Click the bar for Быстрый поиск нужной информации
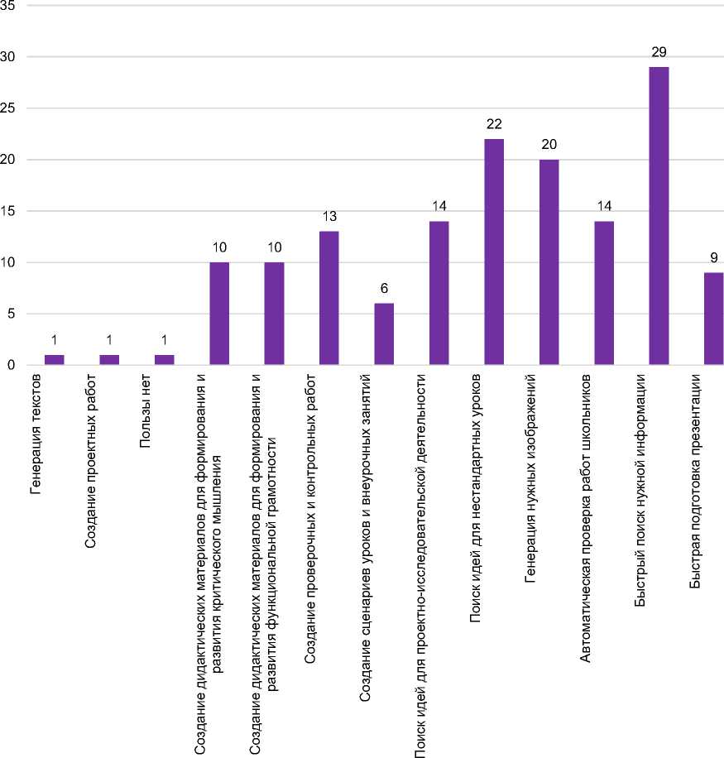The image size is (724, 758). click(659, 215)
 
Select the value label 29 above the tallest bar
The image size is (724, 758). click(659, 52)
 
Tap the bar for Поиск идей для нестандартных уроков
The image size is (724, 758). click(494, 252)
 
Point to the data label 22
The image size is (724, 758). click(494, 124)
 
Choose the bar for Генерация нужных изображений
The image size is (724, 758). click(549, 261)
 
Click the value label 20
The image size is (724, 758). click(549, 145)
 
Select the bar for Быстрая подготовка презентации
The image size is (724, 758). click(712, 319)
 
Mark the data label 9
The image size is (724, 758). click(713, 257)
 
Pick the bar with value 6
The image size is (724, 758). click(384, 333)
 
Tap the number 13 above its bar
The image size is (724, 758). click(329, 217)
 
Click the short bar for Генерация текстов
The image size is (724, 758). click(54, 360)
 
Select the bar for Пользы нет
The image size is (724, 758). click(164, 360)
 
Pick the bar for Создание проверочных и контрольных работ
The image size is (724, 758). click(329, 298)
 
